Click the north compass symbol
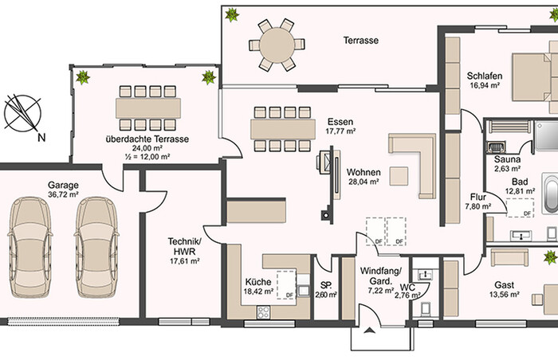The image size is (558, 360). tap(22, 113)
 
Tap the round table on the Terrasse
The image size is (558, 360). tap(277, 45)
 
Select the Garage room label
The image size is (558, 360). tap(63, 185)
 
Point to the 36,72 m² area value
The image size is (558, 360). tap(63, 194)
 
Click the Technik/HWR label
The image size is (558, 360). tap(185, 247)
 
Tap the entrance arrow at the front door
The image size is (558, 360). tap(370, 331)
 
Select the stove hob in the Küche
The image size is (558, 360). tap(263, 312)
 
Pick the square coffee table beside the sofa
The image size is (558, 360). tap(399, 176)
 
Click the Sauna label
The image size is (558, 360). tap(507, 159)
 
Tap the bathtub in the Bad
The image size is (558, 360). tap(550, 194)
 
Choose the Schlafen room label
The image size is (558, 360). tap(485, 76)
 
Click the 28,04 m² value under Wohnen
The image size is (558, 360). tap(363, 182)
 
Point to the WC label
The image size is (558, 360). tap(407, 288)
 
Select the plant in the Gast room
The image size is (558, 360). tap(551, 256)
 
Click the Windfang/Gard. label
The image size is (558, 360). tap(380, 276)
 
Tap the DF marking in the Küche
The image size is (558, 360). tap(289, 295)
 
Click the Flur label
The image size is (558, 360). tap(478, 197)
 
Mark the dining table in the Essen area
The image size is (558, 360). tap(283, 129)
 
